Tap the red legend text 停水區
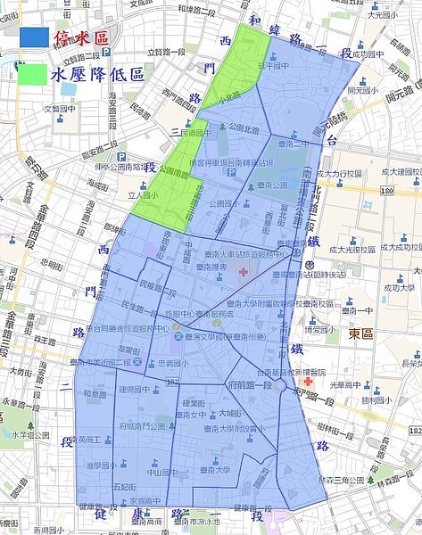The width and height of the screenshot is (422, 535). coord(82,38)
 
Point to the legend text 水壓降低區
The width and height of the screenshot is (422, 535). coord(98,73)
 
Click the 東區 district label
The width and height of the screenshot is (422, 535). coord(360,333)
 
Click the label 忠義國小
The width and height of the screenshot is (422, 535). coord(161,363)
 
